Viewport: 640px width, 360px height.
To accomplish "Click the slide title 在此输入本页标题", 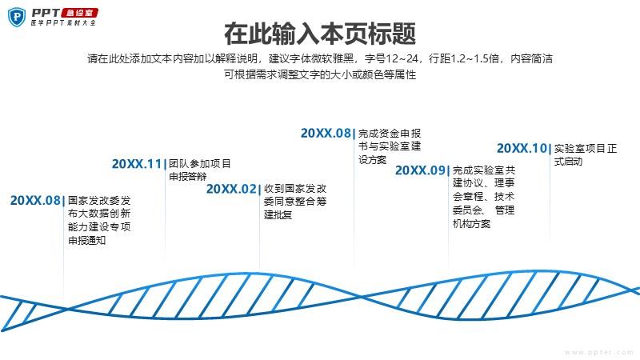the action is (320, 34).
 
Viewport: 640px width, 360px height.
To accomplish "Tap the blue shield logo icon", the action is (17, 17).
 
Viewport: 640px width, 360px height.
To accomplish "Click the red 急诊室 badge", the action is (79, 13).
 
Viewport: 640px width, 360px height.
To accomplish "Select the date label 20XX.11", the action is (137, 164).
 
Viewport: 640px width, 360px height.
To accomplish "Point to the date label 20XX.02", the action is (231, 189).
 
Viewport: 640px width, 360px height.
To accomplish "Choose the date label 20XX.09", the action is (420, 170).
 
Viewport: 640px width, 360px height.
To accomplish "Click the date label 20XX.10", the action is (522, 148).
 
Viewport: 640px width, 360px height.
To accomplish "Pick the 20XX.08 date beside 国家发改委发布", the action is (35, 201).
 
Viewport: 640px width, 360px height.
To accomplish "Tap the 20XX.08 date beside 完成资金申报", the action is (326, 133).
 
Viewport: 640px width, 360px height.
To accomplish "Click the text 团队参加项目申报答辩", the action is (200, 170).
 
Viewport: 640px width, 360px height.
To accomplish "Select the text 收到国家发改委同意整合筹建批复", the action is (295, 202).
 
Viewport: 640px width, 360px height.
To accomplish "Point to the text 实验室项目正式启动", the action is (586, 154).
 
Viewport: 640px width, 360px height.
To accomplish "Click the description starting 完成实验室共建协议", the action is (484, 197).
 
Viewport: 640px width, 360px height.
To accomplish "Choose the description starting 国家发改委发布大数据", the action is (99, 220).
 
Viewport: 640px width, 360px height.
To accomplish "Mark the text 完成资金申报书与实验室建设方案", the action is (390, 146).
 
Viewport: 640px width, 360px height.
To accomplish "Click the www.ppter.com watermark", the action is (599, 352).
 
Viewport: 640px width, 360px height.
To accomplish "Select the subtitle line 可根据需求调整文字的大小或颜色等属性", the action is (320, 74).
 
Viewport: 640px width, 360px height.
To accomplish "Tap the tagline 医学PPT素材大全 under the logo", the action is (63, 23).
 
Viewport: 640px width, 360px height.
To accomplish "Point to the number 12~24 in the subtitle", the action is (402, 58).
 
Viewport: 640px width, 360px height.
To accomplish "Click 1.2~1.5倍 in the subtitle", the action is (475, 58).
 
